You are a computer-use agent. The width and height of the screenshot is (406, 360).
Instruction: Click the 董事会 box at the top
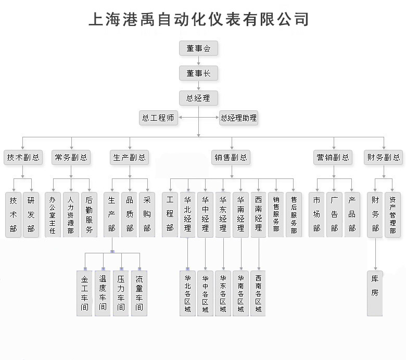pyautogui.click(x=198, y=48)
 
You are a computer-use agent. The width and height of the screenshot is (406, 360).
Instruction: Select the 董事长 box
pyautogui.click(x=198, y=73)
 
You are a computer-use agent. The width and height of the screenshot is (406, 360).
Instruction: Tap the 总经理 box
pyautogui.click(x=198, y=98)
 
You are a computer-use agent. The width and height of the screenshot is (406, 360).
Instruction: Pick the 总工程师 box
pyautogui.click(x=158, y=118)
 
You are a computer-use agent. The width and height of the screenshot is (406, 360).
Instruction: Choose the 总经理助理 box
pyautogui.click(x=238, y=118)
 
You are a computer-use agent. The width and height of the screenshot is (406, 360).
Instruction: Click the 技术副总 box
pyautogui.click(x=23, y=157)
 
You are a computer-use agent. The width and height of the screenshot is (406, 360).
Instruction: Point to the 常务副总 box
pyautogui.click(x=71, y=157)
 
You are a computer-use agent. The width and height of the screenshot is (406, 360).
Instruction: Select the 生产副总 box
pyautogui.click(x=130, y=157)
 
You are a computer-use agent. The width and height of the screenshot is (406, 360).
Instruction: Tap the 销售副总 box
pyautogui.click(x=231, y=157)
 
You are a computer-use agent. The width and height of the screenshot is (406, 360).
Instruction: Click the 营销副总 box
pyautogui.click(x=333, y=157)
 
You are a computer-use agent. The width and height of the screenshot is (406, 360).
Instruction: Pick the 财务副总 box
pyautogui.click(x=384, y=157)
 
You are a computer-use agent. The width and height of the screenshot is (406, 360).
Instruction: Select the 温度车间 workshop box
pyautogui.click(x=103, y=293)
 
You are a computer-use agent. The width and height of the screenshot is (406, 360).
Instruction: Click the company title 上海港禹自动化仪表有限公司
pyautogui.click(x=199, y=19)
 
